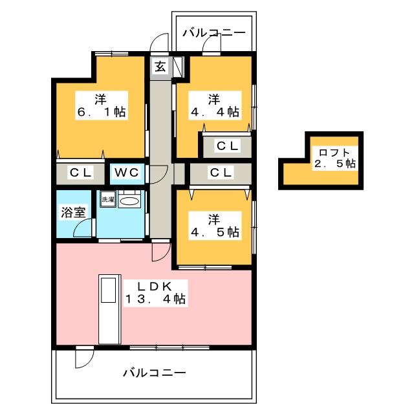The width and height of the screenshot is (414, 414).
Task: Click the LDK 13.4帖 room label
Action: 155,293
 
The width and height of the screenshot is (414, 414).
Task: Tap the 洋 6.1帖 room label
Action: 102,105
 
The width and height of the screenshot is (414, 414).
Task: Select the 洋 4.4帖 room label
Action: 215,105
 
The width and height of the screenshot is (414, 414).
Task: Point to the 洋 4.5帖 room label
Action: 215,226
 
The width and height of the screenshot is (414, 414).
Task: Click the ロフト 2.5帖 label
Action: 335,158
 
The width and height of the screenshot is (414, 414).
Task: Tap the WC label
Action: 127,173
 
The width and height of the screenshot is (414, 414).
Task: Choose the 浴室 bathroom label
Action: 73,212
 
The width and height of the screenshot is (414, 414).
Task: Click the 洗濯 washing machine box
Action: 108,199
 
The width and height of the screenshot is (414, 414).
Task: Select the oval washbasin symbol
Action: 129,201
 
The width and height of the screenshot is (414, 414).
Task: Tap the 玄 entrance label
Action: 160,66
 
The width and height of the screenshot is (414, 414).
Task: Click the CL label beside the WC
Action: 80,173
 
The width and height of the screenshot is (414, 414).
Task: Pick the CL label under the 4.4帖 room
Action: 227,146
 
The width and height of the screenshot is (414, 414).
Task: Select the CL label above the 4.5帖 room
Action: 221,173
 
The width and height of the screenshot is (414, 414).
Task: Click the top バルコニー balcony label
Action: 214,33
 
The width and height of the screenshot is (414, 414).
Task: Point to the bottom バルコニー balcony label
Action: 155,373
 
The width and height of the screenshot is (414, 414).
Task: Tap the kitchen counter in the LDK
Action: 110,309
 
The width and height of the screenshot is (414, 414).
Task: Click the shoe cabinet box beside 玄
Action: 178,67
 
